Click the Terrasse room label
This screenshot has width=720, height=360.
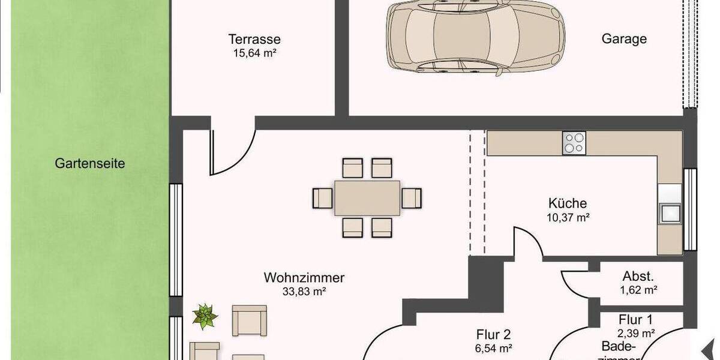(254, 40)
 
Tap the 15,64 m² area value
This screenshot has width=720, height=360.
(254, 53)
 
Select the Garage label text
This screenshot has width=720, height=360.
(624, 39)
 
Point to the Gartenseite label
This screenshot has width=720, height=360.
(90, 163)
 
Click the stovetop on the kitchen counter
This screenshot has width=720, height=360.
(574, 143)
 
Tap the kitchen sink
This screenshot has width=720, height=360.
(669, 212)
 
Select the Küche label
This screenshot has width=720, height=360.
(567, 203)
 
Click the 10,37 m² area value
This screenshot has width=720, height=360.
(567, 218)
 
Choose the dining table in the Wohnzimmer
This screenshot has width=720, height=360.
(367, 198)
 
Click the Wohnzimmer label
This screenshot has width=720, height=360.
(304, 278)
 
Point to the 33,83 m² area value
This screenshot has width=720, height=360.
(304, 292)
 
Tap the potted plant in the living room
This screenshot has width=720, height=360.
(205, 316)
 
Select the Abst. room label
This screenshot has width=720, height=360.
(638, 277)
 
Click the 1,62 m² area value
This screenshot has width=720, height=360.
(638, 290)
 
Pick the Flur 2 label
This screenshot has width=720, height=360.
(493, 334)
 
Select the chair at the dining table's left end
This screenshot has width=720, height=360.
(323, 197)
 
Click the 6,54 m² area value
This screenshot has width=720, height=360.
(493, 348)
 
